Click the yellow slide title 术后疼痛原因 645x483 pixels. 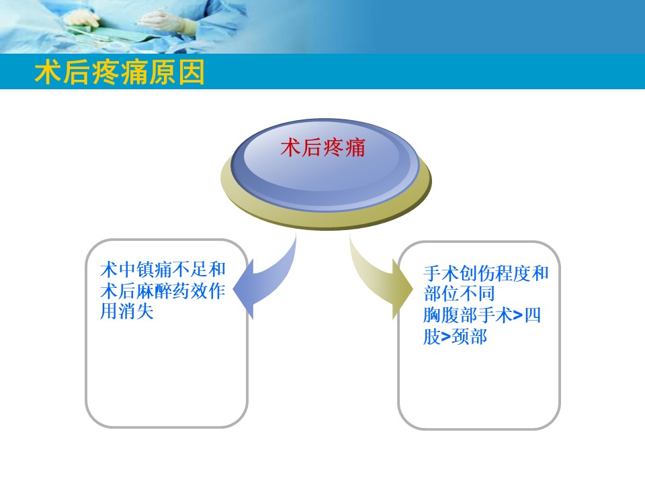pyautogui.click(x=120, y=74)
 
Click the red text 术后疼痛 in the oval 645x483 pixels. pyautogui.click(x=322, y=148)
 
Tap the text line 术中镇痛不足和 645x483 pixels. pyautogui.click(x=162, y=270)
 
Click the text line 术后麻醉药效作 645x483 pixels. pyautogui.click(x=162, y=291)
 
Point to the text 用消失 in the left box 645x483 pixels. pyautogui.click(x=127, y=312)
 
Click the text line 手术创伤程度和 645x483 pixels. pyautogui.click(x=486, y=274)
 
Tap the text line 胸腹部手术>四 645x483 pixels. pyautogui.click(x=482, y=315)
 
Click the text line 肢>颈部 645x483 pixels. pyautogui.click(x=455, y=337)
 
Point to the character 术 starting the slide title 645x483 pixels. pyautogui.click(x=46, y=74)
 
